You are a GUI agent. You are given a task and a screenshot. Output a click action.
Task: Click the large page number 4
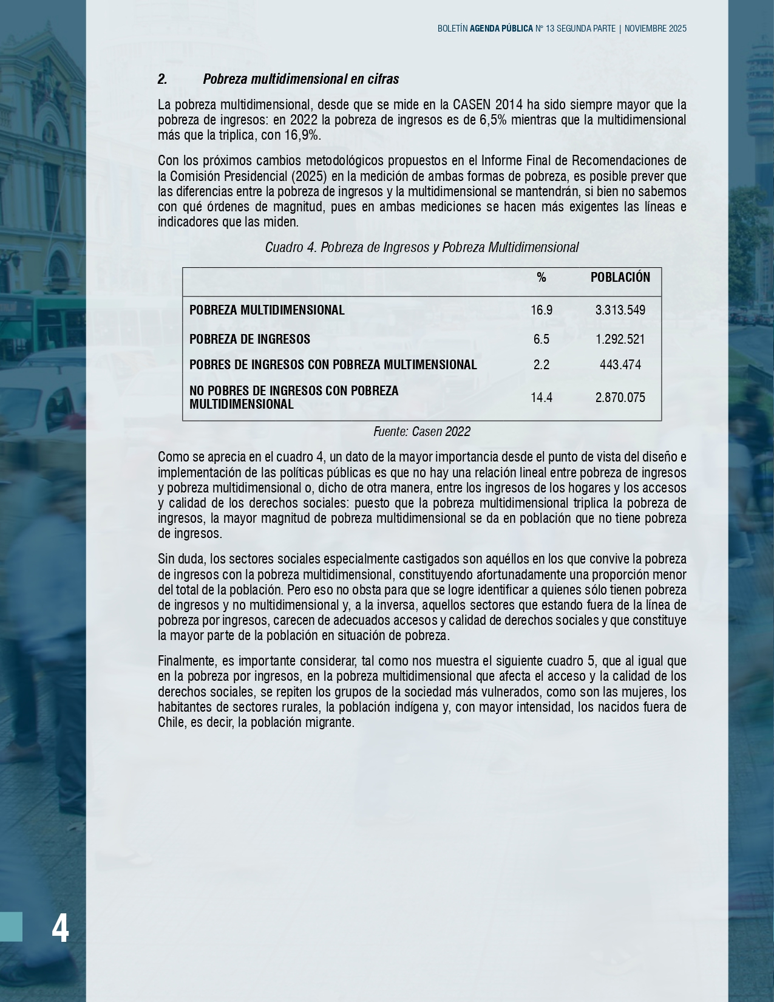coord(60,928)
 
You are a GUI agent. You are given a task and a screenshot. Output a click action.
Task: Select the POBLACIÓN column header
coord(620,278)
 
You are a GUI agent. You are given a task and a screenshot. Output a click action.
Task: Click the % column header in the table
coord(541,278)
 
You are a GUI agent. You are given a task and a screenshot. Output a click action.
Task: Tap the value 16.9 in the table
coord(541,310)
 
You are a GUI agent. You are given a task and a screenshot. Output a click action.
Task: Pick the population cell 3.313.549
coord(620,310)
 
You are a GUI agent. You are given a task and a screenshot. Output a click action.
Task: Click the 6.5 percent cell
coord(541,339)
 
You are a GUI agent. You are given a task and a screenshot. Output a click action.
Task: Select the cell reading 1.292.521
coord(620,339)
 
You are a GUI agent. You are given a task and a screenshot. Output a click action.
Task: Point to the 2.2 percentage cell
coord(541,365)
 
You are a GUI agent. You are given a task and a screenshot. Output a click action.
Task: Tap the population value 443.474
coord(620,365)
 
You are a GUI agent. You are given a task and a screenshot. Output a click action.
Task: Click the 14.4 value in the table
coord(541,398)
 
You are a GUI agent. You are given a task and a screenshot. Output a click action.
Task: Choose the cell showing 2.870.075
coord(620,398)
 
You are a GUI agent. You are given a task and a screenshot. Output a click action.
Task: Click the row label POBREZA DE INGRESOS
coord(250,339)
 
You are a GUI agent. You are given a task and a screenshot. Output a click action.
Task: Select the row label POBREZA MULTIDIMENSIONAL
coord(266,310)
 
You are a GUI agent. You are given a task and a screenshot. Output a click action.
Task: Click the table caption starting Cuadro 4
coord(421,248)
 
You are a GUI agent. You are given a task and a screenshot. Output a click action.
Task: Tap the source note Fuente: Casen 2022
coord(421,432)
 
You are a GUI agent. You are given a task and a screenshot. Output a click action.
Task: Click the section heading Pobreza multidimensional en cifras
coord(300,80)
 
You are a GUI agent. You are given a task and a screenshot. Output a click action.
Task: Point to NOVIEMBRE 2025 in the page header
coord(655,29)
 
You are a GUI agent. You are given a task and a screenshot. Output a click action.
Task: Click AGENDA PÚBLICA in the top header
coord(501,29)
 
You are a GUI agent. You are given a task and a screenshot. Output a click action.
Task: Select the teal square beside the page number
coord(11,927)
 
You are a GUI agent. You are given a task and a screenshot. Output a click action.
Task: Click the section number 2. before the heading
coord(162,80)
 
